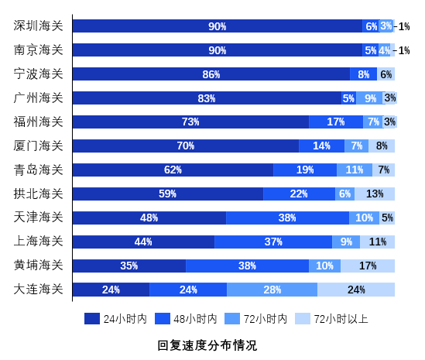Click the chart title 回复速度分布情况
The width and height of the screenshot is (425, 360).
pyautogui.click(x=207, y=345)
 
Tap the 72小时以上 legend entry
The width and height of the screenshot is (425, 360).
pyautogui.click(x=332, y=318)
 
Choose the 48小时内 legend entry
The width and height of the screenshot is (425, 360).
pyautogui.click(x=186, y=318)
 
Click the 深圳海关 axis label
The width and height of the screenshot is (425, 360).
pyautogui.click(x=39, y=26)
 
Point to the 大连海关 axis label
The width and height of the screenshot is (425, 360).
pyautogui.click(x=39, y=290)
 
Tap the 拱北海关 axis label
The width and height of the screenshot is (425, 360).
pyautogui.click(x=39, y=194)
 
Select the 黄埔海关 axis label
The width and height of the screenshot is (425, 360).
pyautogui.click(x=39, y=266)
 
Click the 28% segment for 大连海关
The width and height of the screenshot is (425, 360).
pyautogui.click(x=272, y=290)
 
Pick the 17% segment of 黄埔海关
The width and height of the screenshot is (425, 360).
pyautogui.click(x=368, y=266)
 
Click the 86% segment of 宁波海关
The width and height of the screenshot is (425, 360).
pyautogui.click(x=211, y=74)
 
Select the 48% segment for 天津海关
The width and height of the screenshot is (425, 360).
pyautogui.click(x=149, y=218)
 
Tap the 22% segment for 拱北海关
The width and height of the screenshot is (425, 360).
pyautogui.click(x=299, y=194)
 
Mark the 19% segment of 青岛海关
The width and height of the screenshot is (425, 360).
pyautogui.click(x=305, y=170)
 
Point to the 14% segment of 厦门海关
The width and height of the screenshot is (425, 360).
pyautogui.click(x=322, y=146)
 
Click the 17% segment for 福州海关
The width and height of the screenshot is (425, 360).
pyautogui.click(x=336, y=122)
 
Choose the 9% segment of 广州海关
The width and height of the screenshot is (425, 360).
pyautogui.click(x=371, y=98)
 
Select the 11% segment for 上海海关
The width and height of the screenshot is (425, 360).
pyautogui.click(x=378, y=242)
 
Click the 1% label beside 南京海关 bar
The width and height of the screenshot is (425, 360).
pyautogui.click(x=404, y=50)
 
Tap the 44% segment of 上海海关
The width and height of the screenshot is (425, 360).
pyautogui.click(x=143, y=242)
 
